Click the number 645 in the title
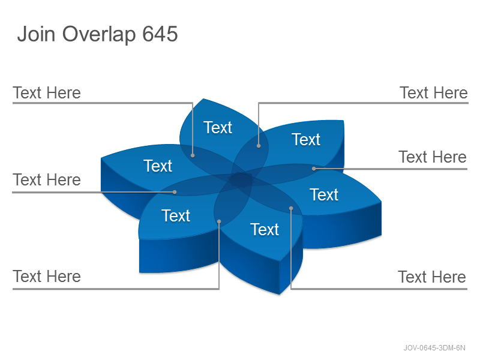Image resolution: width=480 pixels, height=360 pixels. pos(160,34)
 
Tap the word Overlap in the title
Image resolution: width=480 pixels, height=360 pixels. pos(99,35)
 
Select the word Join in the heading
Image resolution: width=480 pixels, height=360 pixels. pos(37,34)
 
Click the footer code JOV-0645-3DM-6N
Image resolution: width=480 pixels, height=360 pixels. pos(434,348)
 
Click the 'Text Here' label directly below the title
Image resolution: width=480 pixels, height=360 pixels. pos(47,93)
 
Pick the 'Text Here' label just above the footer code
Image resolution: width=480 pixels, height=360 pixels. pos(432,277)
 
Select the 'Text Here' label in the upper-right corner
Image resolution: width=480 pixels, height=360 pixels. pos(434,93)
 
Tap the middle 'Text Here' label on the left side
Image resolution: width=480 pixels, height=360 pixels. pos(47,179)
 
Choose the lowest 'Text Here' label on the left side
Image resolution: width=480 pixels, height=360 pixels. pos(47,277)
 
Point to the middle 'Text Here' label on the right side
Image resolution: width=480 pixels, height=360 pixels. pos(433,157)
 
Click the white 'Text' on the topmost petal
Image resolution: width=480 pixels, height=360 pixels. pos(218,127)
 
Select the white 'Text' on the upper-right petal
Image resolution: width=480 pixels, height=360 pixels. pos(306,140)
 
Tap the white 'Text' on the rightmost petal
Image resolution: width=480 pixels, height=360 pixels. pos(324,194)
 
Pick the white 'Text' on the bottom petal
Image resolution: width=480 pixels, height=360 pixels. pos(265,229)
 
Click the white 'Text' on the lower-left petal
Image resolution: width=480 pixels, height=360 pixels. pos(176,215)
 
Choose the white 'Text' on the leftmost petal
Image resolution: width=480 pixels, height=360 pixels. pos(158,166)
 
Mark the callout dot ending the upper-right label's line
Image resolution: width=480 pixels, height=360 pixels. pos(259,146)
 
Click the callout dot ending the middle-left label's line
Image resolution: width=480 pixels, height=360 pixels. pos(175,192)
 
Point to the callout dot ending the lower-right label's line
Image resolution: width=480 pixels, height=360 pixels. pos(291,208)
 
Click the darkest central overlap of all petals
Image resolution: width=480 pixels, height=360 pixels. pos(241,179)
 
